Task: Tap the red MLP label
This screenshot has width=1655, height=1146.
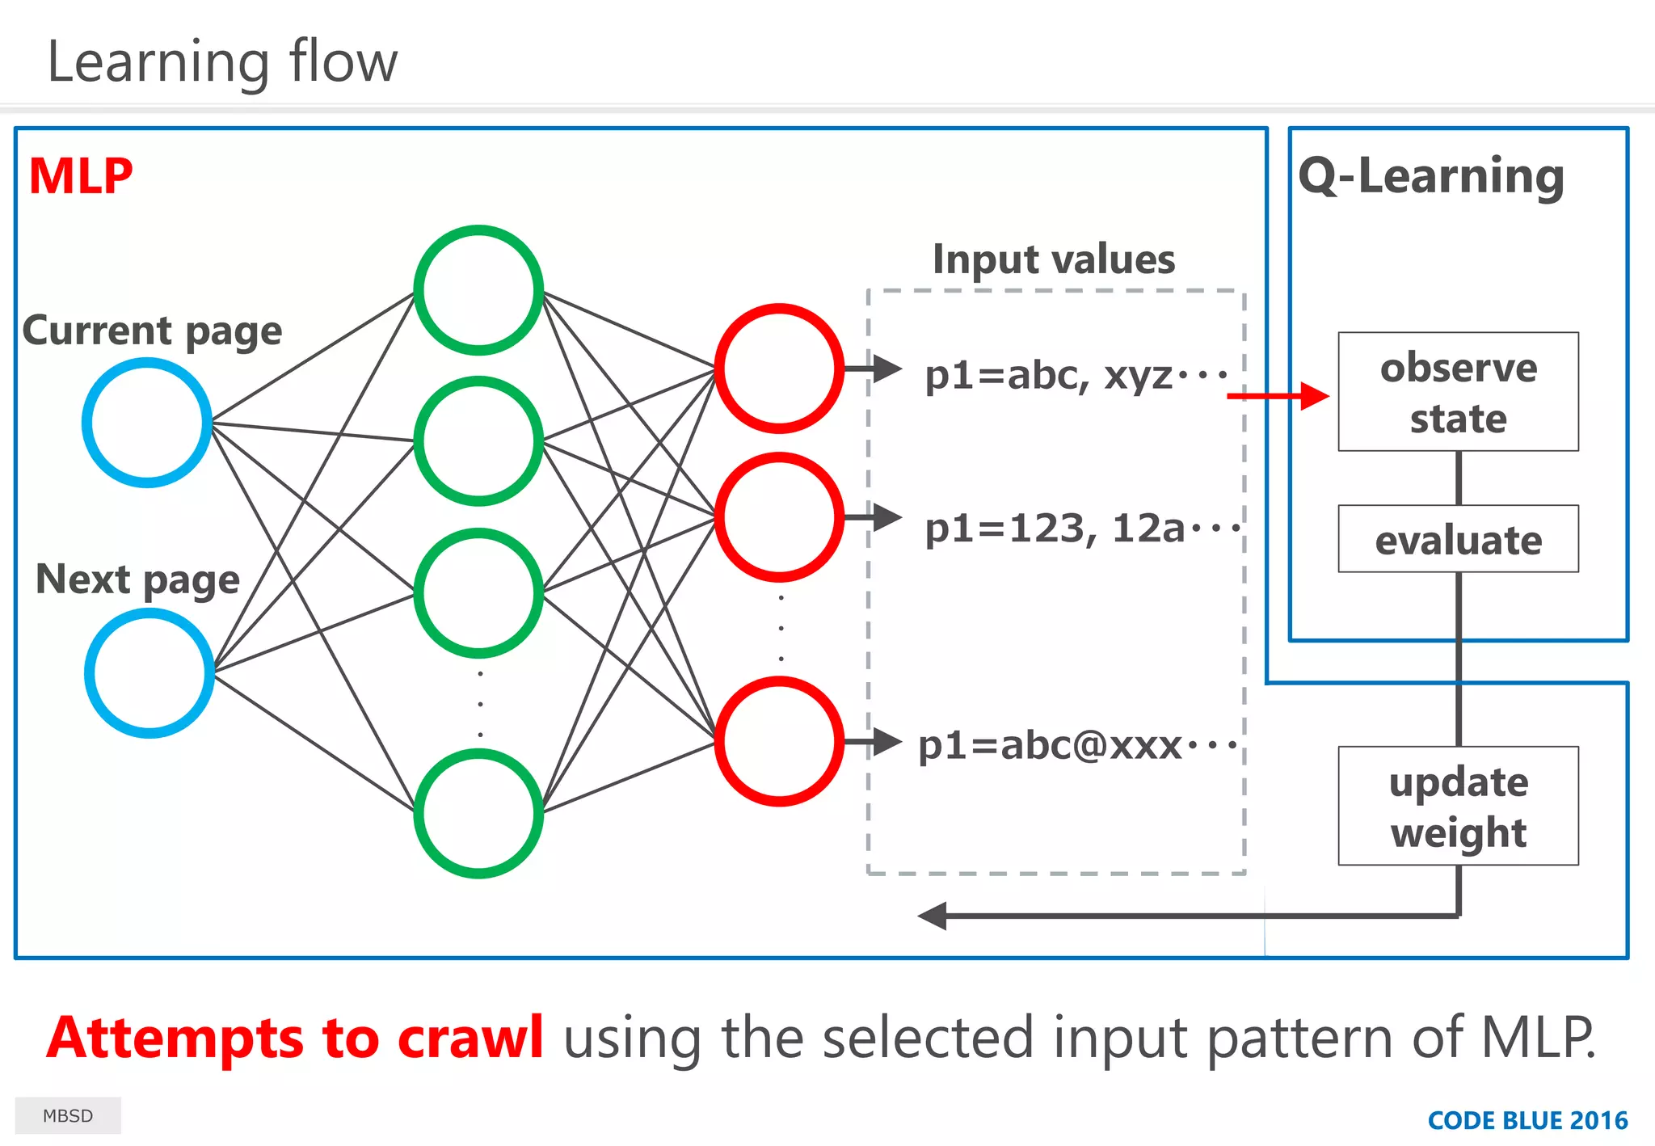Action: tap(80, 176)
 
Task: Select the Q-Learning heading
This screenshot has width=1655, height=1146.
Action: tap(1431, 175)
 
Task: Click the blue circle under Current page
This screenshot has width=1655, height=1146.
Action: tap(147, 423)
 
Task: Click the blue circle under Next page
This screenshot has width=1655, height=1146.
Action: tap(149, 672)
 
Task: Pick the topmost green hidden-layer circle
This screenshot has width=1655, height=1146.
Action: tap(478, 290)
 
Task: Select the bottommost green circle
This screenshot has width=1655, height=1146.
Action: tap(478, 813)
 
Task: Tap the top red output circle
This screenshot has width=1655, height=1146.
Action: tap(779, 369)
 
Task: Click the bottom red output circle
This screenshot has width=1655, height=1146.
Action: tap(779, 741)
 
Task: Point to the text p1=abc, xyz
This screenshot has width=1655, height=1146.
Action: tap(1075, 375)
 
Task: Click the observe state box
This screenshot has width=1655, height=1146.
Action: tap(1458, 392)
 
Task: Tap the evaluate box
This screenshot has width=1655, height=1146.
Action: tap(1458, 539)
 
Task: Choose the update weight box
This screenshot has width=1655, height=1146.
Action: tap(1458, 806)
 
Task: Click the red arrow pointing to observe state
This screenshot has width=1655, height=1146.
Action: tap(1277, 396)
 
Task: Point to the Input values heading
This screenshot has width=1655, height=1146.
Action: tap(1054, 259)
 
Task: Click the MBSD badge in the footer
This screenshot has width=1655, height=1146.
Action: tap(68, 1115)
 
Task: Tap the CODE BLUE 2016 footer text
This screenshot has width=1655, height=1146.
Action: tap(1527, 1120)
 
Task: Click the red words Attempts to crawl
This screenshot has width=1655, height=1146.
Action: tap(295, 1038)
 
